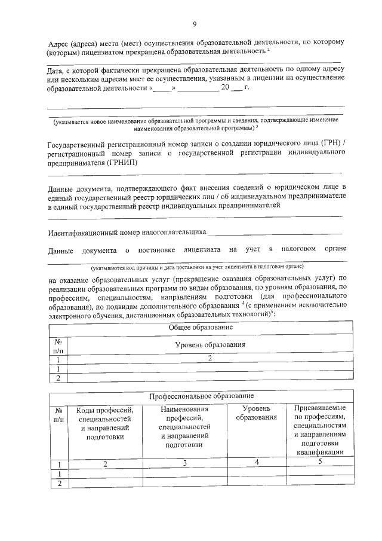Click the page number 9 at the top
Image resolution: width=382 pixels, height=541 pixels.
pyautogui.click(x=195, y=24)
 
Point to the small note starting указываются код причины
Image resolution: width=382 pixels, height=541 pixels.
pyautogui.click(x=197, y=267)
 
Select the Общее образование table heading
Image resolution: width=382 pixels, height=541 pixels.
pyautogui.click(x=201, y=328)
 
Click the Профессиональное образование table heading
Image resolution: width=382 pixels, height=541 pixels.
pyautogui.click(x=201, y=396)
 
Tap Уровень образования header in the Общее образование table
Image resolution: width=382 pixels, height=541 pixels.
pyautogui.click(x=210, y=345)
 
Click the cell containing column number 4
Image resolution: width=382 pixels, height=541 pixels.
pyautogui.click(x=256, y=463)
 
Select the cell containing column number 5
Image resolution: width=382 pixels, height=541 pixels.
pyautogui.click(x=319, y=462)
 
